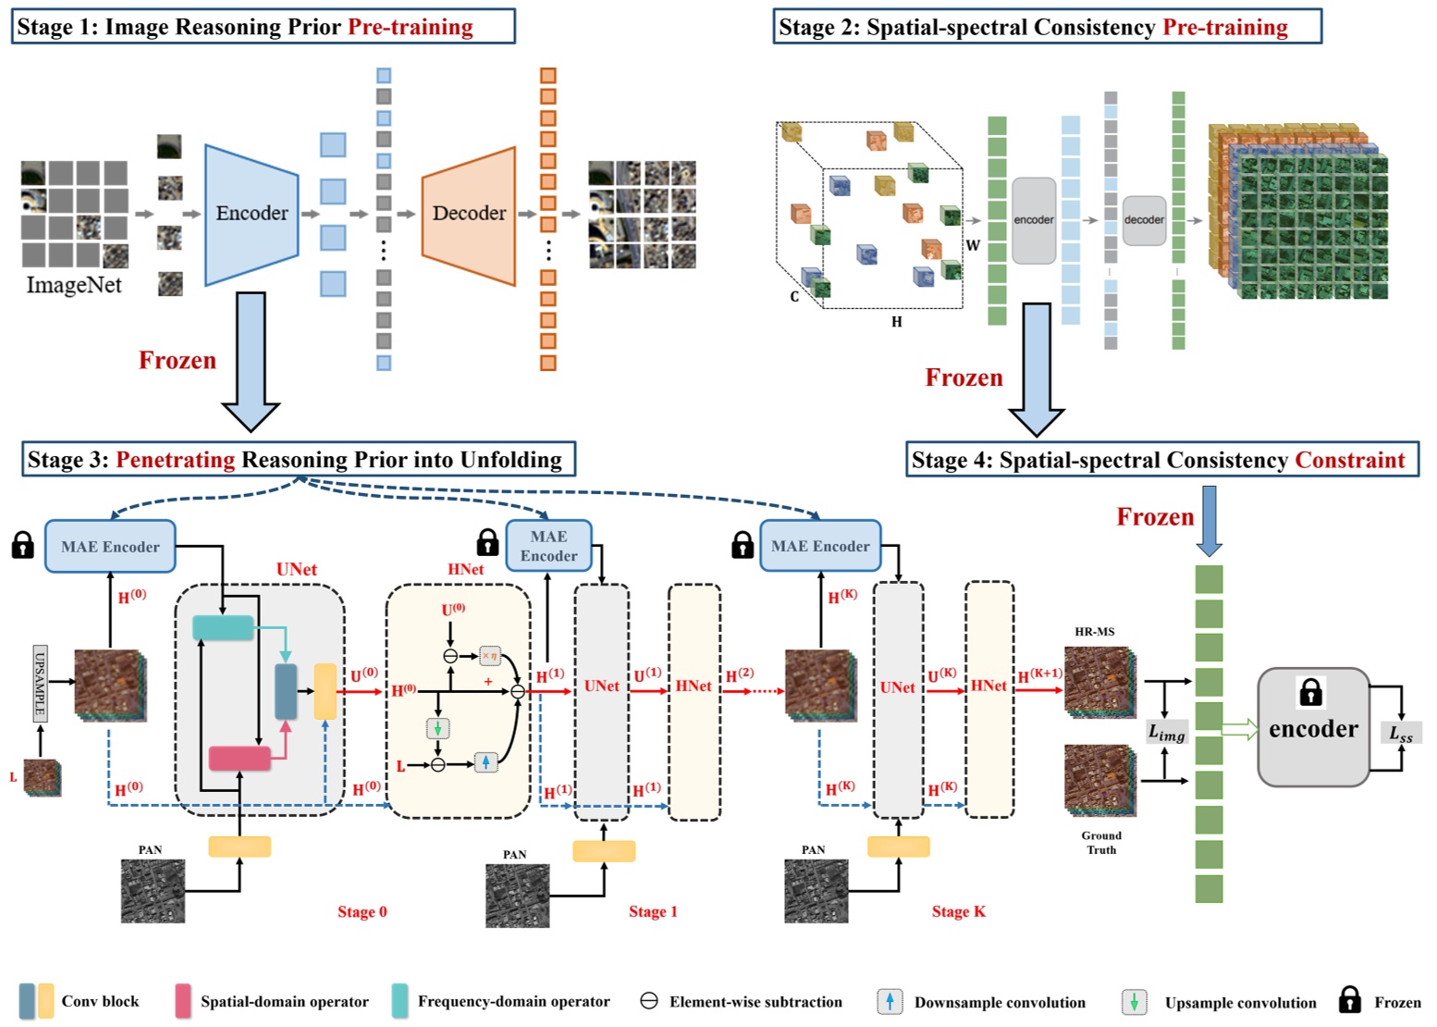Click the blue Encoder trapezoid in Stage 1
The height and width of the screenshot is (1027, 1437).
252,214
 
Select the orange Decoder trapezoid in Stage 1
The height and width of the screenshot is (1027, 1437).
469,214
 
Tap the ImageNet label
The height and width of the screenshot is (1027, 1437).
74,285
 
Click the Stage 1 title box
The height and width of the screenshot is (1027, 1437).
264,27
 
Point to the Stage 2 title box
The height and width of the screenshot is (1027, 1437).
1047,27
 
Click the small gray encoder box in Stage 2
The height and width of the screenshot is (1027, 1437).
1033,220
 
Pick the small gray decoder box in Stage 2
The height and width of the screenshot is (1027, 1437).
1144,220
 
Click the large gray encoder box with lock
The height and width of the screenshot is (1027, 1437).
1313,727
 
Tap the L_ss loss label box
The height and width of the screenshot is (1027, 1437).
1401,734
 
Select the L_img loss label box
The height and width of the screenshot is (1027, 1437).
1166,733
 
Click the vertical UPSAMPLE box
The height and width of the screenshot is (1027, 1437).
40,683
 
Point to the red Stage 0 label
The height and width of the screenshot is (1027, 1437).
362,912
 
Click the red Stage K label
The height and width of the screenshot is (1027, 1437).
958,912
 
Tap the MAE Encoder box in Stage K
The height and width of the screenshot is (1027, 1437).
820,546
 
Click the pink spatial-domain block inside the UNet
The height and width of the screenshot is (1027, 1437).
239,759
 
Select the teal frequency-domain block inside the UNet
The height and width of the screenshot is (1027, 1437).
223,628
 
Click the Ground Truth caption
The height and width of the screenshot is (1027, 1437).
1100,843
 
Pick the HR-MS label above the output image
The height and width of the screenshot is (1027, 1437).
1094,632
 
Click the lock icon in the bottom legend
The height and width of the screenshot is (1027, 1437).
1350,1000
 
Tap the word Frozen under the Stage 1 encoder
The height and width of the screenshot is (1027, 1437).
178,360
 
